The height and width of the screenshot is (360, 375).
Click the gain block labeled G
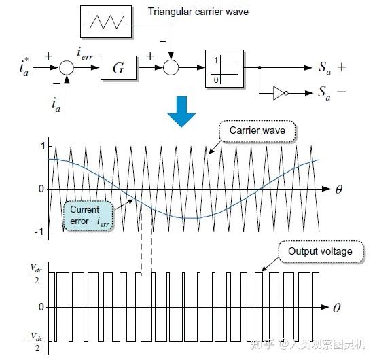(x=118, y=68)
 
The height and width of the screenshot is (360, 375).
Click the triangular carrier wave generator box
(x=106, y=22)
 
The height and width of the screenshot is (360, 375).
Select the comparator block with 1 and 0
(x=224, y=69)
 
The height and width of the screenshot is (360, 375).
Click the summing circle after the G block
(x=171, y=68)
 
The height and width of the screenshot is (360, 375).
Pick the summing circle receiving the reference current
(x=67, y=68)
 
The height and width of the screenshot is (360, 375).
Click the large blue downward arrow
(x=181, y=111)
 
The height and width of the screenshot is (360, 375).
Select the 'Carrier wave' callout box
(x=257, y=131)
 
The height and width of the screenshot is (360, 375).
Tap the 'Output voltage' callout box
(x=321, y=252)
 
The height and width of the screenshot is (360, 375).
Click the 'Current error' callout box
(x=88, y=216)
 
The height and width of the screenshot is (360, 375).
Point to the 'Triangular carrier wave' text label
(x=198, y=12)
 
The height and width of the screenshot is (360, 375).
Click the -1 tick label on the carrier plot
(x=39, y=232)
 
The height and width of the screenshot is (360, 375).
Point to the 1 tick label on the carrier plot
(x=43, y=146)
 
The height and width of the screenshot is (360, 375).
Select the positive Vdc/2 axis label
(x=37, y=274)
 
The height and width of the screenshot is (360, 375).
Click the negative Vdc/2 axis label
(x=34, y=342)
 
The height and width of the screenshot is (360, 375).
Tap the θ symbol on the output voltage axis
(x=337, y=308)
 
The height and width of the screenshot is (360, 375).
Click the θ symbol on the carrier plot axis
(x=339, y=190)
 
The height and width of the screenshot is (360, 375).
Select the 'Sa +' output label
(x=332, y=68)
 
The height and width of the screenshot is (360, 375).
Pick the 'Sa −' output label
(x=332, y=93)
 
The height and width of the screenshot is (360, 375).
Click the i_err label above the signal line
(x=85, y=54)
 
